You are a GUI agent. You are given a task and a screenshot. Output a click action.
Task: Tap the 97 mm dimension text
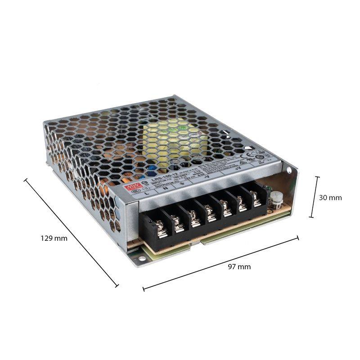pyautogui.click(x=239, y=267)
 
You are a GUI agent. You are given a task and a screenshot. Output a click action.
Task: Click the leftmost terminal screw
pyautogui.click(x=162, y=231)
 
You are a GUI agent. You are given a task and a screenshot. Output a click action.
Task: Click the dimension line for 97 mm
pyautogui.click(x=220, y=263)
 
